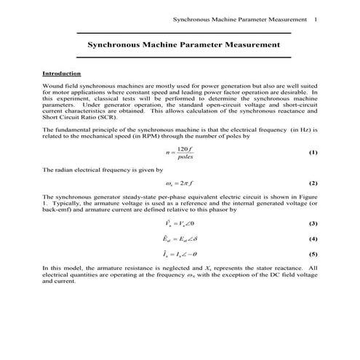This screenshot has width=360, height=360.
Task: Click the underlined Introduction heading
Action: tap(62, 73)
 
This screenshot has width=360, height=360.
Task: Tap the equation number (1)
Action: tap(313, 153)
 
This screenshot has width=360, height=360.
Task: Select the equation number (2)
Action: tap(313, 183)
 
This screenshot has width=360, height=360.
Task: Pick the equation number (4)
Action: tap(313, 239)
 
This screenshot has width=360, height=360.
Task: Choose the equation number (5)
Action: tap(313, 254)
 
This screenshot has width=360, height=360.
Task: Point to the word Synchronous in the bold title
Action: tap(113, 44)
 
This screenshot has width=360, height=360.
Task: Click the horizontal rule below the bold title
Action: tap(183, 57)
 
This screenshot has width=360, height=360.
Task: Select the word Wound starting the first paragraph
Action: tap(53, 87)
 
